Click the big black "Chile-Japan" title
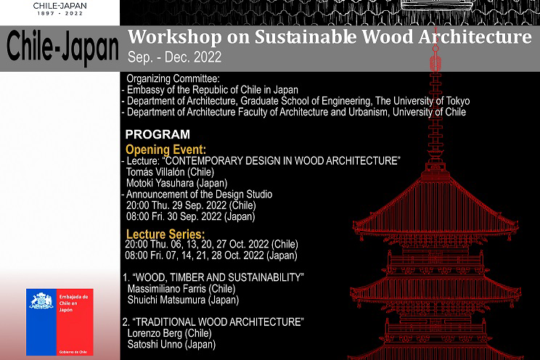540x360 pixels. (62, 47)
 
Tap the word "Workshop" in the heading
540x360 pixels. (175, 37)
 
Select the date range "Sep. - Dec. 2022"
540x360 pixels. (174, 57)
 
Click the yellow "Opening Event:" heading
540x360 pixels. (165, 150)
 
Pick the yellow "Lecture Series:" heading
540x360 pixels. (165, 234)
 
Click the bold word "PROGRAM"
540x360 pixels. (157, 134)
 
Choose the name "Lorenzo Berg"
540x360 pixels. (155, 333)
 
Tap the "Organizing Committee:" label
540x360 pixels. (173, 78)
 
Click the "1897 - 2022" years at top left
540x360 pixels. (60, 14)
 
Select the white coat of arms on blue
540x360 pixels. (41, 300)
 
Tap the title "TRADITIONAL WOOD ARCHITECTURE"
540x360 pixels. (218, 322)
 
